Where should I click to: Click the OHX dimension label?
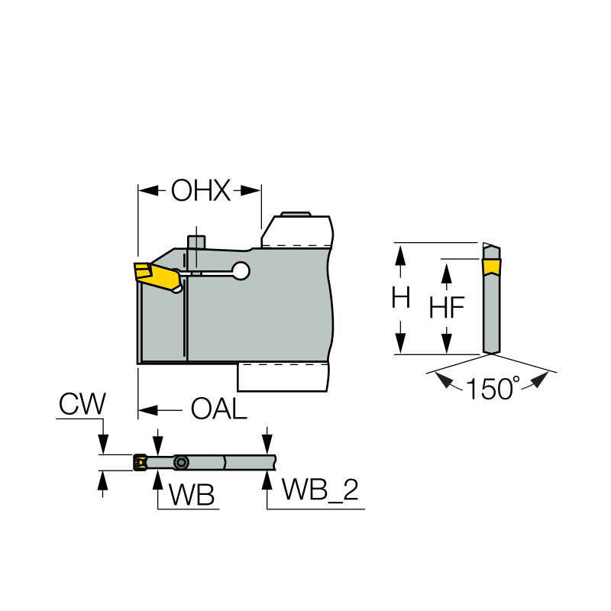tap(200, 190)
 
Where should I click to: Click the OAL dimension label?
tap(219, 410)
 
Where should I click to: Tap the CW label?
tap(82, 404)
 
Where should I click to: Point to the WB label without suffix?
tap(192, 495)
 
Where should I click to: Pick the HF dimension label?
tap(446, 308)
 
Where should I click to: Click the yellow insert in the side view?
tap(151, 275)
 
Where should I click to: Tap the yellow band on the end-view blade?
tap(491, 267)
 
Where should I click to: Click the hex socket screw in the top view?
tap(181, 462)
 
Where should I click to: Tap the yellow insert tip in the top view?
tap(140, 462)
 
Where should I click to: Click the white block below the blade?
tap(283, 377)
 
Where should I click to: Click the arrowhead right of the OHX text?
tap(250, 190)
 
